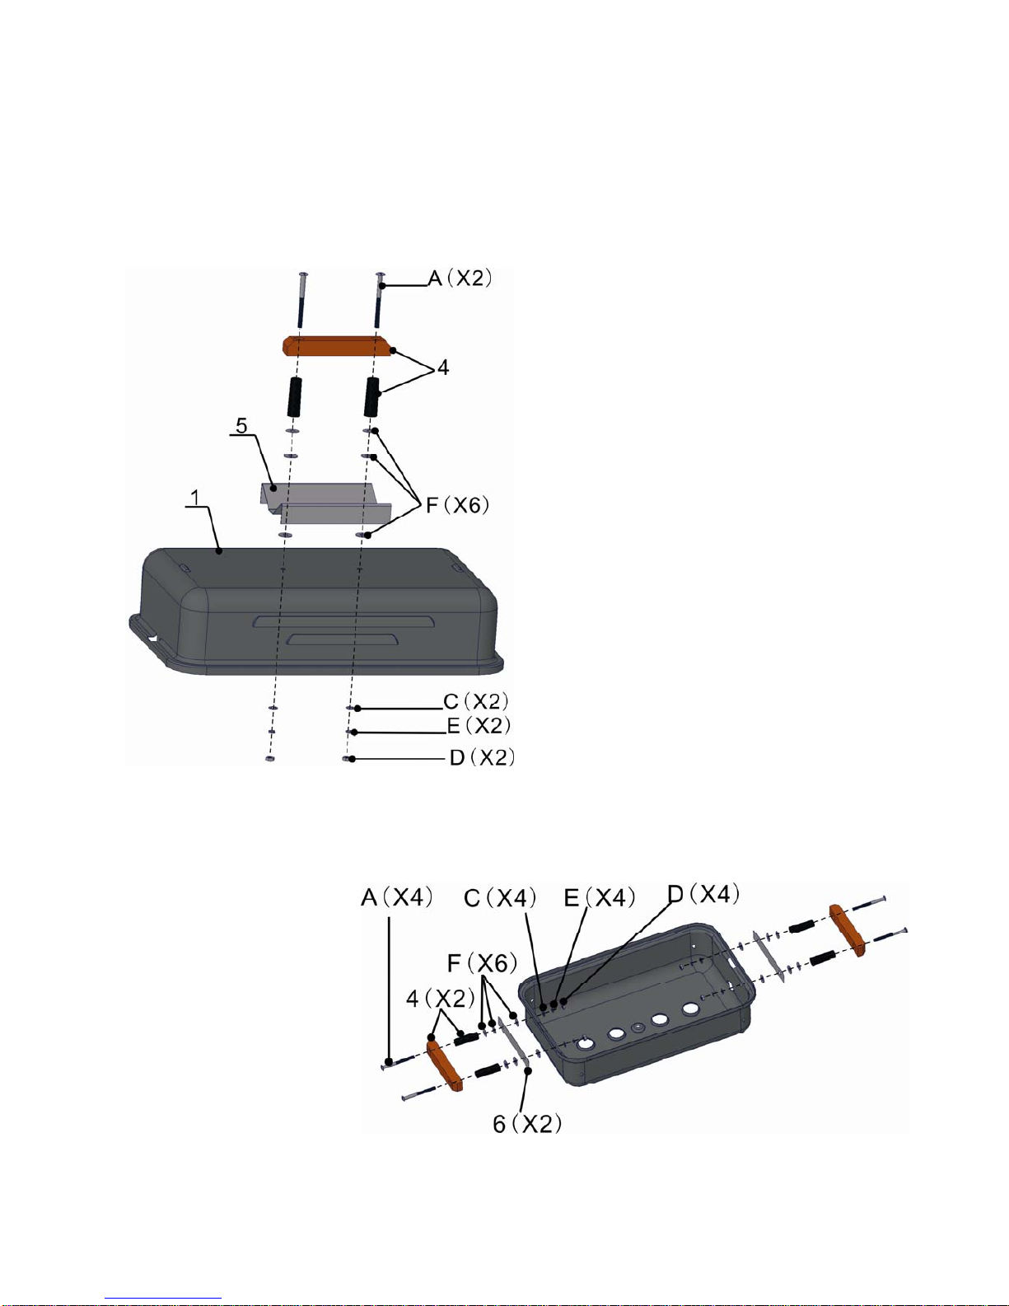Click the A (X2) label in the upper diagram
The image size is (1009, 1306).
coord(460,279)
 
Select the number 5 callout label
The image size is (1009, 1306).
coord(241,425)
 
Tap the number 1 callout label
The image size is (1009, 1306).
coord(195,498)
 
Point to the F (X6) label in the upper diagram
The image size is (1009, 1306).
coord(458,505)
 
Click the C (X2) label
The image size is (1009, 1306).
coord(476,701)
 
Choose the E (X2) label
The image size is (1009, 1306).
coord(479,726)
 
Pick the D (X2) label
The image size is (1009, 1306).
coord(483,757)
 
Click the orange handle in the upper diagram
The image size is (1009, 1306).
coord(337,345)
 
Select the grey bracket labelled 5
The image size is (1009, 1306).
coord(326,502)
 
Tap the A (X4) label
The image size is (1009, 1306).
coord(396,898)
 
